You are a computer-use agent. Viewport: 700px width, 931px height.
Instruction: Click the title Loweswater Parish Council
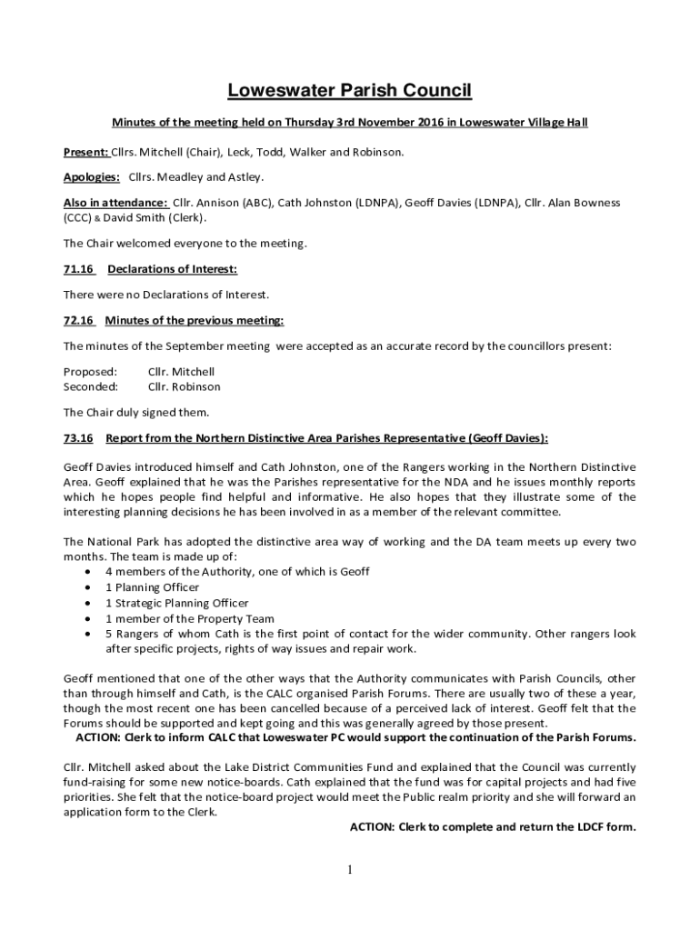pos(350,90)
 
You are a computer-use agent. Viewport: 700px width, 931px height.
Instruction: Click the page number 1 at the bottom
pos(350,870)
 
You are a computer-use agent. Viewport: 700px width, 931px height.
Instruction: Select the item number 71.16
pos(78,269)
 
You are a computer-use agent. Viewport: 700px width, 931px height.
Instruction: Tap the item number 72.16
pos(78,320)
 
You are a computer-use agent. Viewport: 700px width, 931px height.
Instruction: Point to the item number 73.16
pos(78,438)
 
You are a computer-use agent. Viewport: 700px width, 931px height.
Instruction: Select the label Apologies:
pos(92,176)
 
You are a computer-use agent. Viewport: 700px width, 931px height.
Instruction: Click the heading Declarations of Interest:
pos(173,269)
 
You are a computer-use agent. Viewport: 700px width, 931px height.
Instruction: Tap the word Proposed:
pos(90,371)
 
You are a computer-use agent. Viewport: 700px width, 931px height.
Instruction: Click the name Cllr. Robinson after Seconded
pos(185,386)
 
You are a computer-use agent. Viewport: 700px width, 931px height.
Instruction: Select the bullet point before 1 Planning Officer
pos(86,587)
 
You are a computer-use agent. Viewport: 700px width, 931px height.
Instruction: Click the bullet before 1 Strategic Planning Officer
pos(86,603)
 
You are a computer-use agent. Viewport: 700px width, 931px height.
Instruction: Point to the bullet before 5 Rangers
pos(86,634)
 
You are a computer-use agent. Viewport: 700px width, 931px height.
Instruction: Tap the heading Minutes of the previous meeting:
pos(195,320)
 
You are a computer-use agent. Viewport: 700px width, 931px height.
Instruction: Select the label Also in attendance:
pos(115,202)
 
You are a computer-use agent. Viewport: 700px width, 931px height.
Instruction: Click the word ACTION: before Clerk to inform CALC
pos(101,736)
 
